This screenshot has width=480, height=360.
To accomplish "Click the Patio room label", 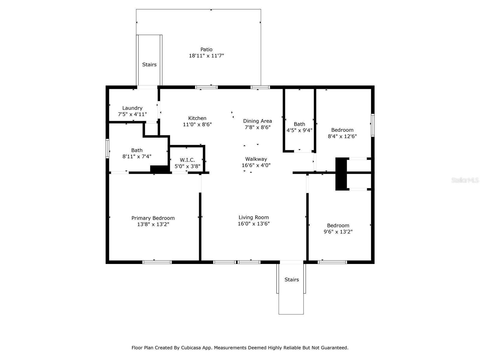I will (x=206, y=49).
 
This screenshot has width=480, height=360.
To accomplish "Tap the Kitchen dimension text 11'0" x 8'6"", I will (x=197, y=124).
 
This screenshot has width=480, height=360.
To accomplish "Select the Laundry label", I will (x=132, y=108).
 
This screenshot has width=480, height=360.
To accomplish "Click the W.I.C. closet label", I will (x=187, y=160).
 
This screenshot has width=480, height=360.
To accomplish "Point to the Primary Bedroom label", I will (x=153, y=218).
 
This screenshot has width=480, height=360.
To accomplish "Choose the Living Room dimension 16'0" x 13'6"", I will (x=254, y=223).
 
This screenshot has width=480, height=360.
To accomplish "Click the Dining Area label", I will (x=257, y=121).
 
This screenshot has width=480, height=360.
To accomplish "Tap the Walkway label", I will (x=256, y=159).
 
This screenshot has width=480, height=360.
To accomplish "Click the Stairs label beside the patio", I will (x=149, y=64).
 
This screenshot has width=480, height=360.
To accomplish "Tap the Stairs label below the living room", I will (x=292, y=280).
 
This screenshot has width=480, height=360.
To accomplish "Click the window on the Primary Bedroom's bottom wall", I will (x=157, y=262).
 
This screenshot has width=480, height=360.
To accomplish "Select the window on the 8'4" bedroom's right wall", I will (x=373, y=125).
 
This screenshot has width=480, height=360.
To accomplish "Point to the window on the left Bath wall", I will (x=107, y=148).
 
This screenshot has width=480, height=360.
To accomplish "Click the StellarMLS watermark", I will (x=465, y=180).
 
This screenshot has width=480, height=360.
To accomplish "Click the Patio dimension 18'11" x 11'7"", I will (x=206, y=56).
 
